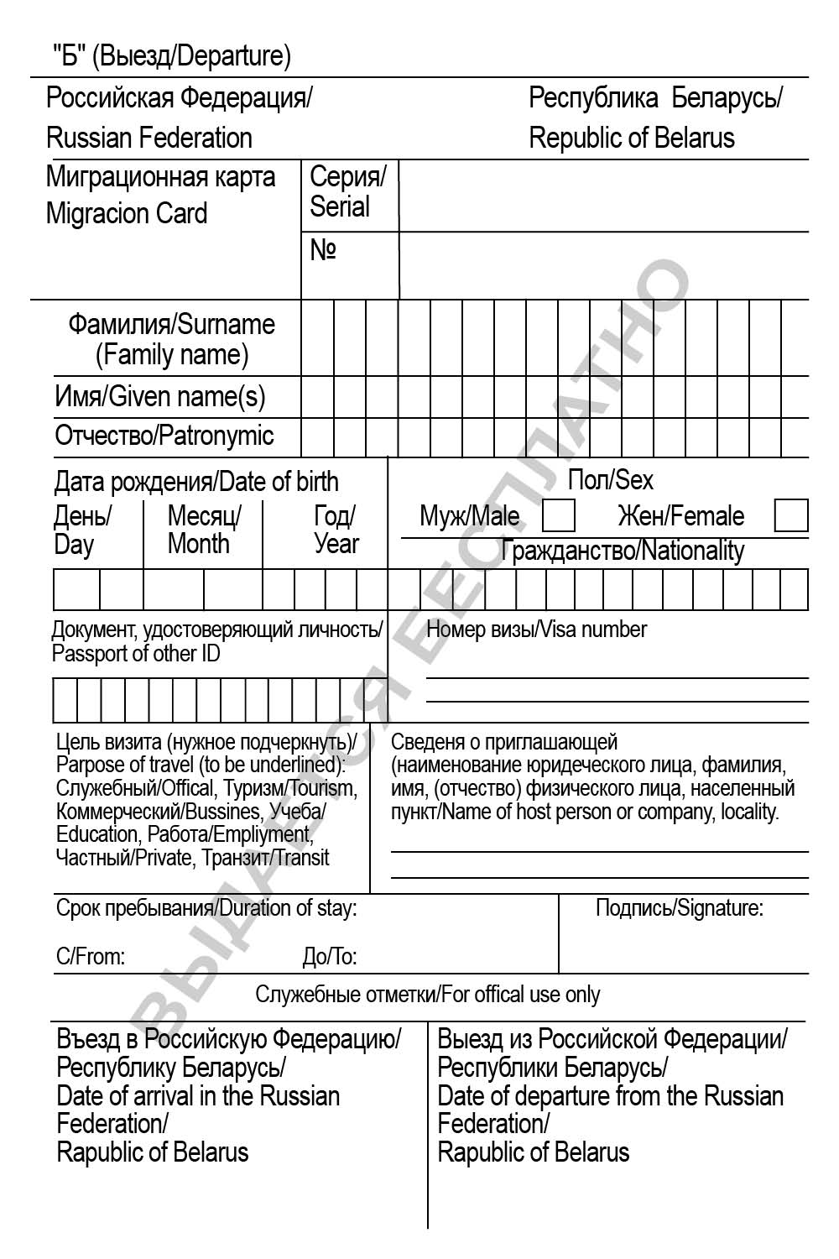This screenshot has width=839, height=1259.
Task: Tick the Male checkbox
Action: pos(559,515)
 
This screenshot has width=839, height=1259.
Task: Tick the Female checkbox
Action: pos(790,515)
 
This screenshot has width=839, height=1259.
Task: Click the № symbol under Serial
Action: pos(323,250)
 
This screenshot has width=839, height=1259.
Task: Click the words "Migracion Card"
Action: pos(127,213)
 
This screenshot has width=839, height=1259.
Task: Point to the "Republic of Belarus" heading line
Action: pos(631,138)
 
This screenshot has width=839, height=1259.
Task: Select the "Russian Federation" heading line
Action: pos(149,138)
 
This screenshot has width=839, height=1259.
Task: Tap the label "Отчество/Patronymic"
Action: pos(164,436)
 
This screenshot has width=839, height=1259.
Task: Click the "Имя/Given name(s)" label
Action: pos(159,396)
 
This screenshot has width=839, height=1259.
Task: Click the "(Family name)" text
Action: pos(172,355)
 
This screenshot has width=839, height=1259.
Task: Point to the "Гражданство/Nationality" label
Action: pos(622,551)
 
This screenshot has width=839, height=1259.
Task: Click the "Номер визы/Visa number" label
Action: pos(537,629)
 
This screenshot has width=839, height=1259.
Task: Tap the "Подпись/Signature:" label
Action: pos(679,907)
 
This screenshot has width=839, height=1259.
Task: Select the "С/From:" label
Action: pos(90,956)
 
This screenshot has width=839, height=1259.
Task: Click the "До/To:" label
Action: pos(329,956)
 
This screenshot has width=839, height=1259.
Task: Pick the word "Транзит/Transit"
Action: pos(265,858)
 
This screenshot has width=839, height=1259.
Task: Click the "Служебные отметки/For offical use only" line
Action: pos(427,995)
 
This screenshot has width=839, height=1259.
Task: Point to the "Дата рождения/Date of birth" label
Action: pos(196,482)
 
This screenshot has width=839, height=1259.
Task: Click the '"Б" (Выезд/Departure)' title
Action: pos(172,56)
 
